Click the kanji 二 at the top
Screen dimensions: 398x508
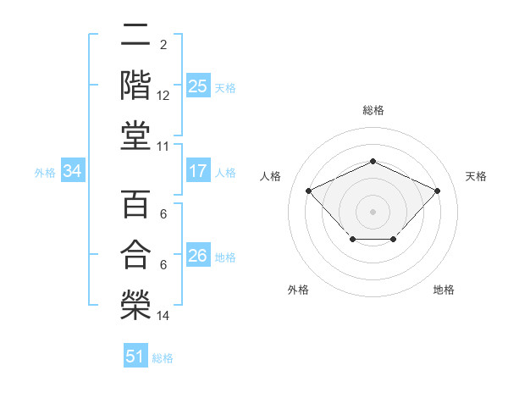tap(135, 35)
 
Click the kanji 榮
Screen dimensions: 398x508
tap(135, 301)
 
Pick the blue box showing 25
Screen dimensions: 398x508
tap(198, 86)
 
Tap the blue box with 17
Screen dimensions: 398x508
tap(198, 172)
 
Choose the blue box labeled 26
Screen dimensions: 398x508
tap(198, 257)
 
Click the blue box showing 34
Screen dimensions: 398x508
tap(73, 172)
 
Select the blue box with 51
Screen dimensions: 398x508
tap(135, 357)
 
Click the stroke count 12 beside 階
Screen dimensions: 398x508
tap(163, 96)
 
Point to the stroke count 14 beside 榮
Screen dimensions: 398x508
tap(163, 316)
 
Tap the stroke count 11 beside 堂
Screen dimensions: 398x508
tap(163, 146)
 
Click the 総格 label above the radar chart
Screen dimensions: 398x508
tap(373, 110)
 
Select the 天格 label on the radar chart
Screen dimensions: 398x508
tap(476, 176)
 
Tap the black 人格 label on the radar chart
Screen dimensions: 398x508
tap(271, 176)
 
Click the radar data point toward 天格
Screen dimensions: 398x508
tap(437, 191)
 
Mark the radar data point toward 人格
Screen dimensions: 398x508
tap(309, 191)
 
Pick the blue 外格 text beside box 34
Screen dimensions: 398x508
tap(45, 173)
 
